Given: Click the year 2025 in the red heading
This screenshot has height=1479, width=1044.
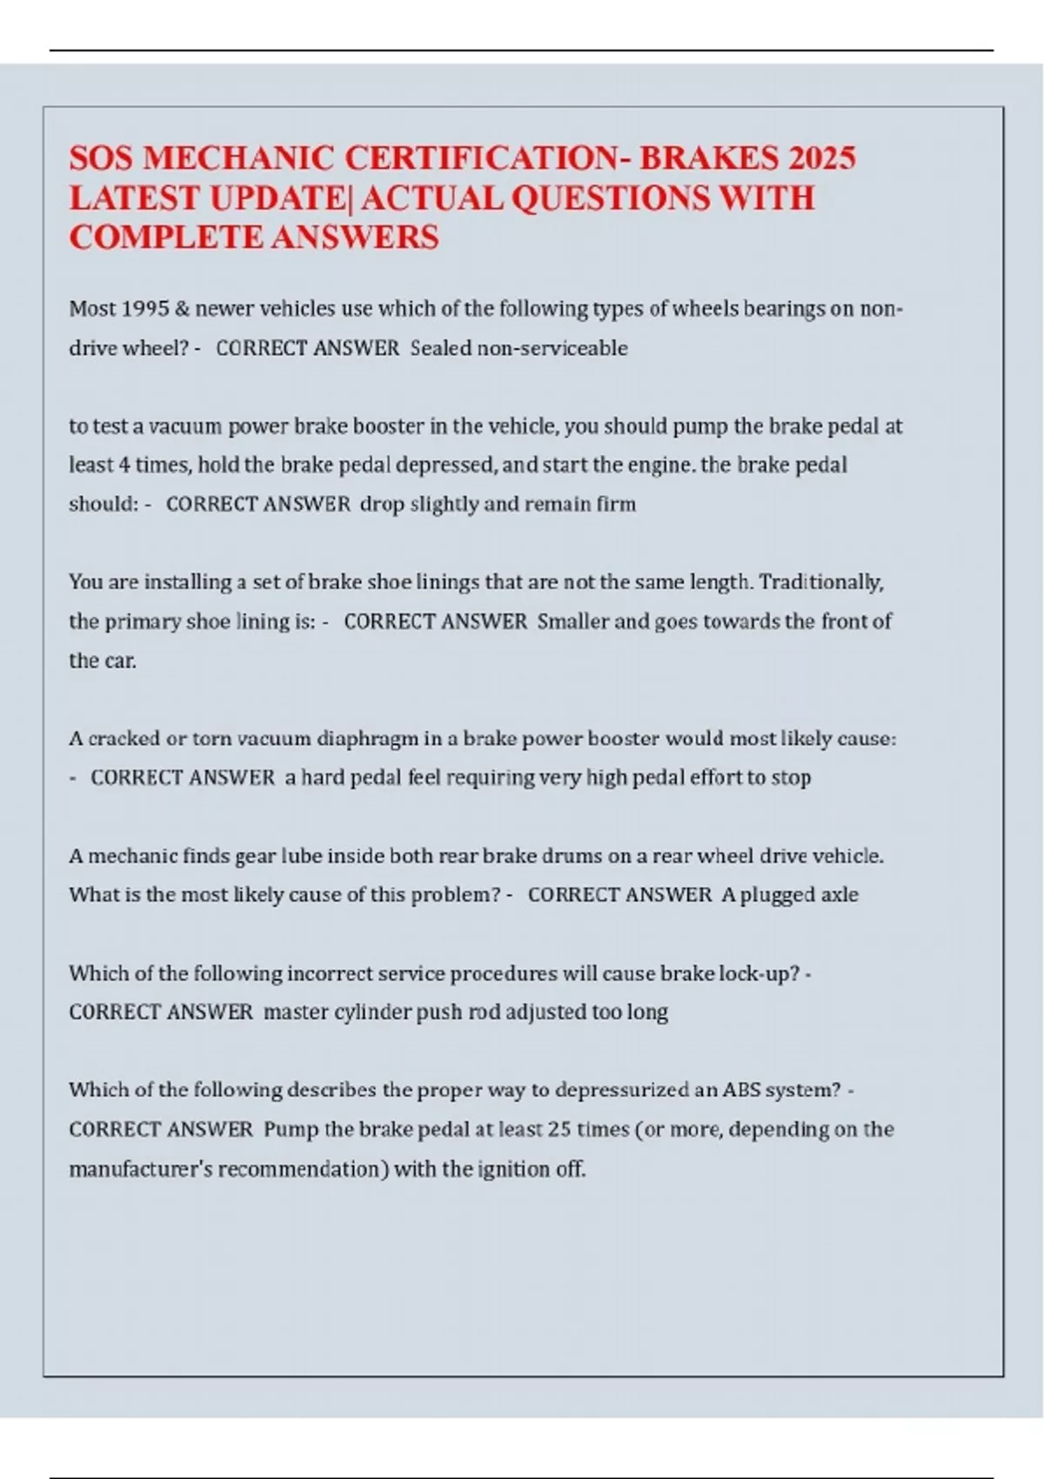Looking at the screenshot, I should [x=822, y=157].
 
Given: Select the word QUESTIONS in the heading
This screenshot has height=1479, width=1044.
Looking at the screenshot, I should [x=611, y=197].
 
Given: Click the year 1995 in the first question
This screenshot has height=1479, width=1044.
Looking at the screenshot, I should [x=146, y=309].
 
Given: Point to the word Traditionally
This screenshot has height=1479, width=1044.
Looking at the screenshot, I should [x=821, y=582].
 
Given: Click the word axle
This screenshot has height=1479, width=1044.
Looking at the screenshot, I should [x=840, y=894].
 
